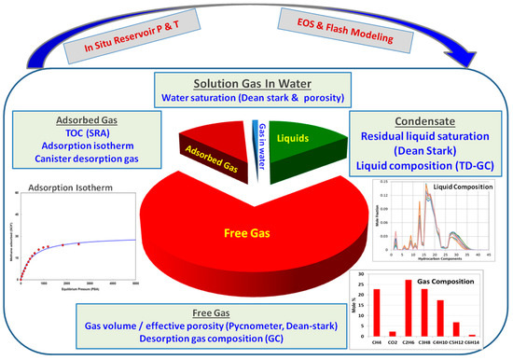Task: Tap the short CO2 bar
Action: tap(392, 333)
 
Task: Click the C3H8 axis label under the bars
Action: tap(424, 341)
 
